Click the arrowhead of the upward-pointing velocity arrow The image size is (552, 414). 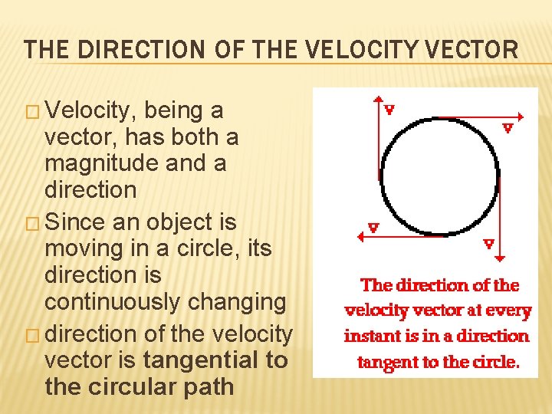pyautogui.click(x=378, y=99)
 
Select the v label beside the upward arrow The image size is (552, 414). pyautogui.click(x=389, y=109)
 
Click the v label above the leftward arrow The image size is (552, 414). pyautogui.click(x=373, y=227)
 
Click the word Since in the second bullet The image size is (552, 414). pyautogui.click(x=78, y=222)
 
